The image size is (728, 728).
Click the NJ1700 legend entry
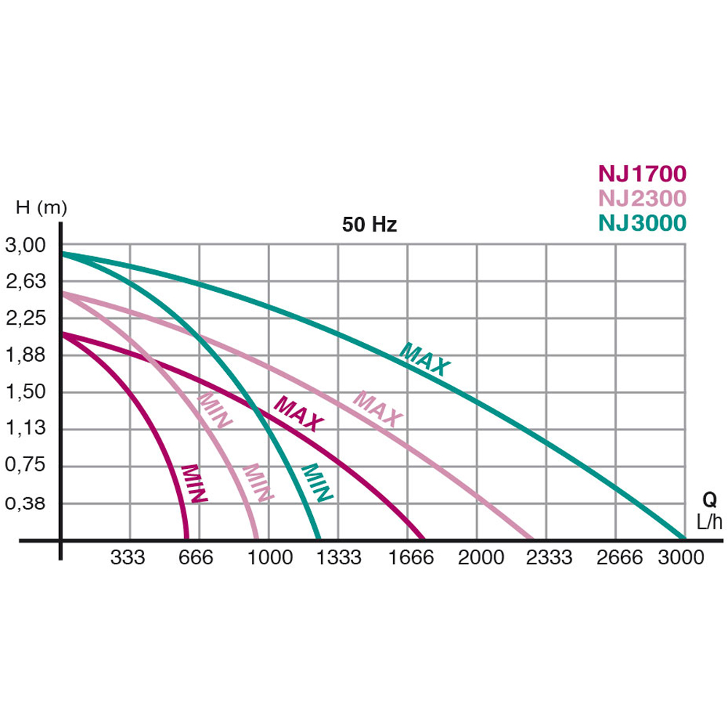click(642, 174)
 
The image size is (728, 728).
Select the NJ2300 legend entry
click(642, 198)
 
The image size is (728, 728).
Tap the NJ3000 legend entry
click(642, 223)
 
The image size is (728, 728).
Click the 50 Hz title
click(369, 225)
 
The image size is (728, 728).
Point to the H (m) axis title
click(41, 207)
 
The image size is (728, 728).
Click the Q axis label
click(709, 500)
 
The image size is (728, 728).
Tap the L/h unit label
click(710, 522)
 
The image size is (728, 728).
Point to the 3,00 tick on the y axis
click(25, 246)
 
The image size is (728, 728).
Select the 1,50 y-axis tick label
click(25, 392)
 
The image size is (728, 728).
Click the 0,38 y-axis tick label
click(25, 503)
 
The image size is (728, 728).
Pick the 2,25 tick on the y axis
click(25, 318)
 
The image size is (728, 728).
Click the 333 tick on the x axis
click(127, 558)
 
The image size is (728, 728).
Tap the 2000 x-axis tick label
click(480, 558)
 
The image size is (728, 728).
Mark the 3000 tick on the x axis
click(681, 558)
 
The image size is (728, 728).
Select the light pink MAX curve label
click(377, 408)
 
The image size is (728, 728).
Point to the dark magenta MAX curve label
click(298, 414)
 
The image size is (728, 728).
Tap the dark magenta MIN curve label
click(194, 483)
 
